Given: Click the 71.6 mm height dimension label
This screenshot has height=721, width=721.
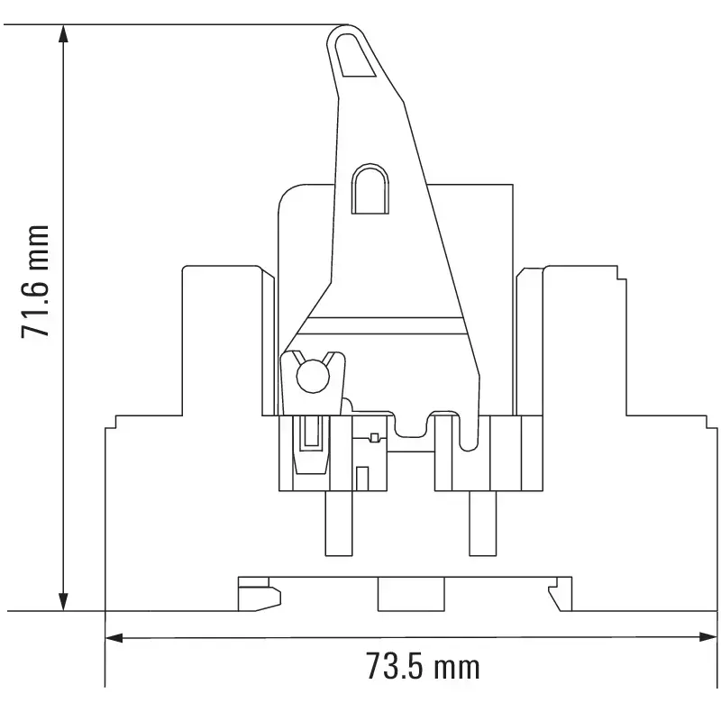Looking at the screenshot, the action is pyautogui.click(x=35, y=281).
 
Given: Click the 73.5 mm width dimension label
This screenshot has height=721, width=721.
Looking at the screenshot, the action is pyautogui.click(x=423, y=666).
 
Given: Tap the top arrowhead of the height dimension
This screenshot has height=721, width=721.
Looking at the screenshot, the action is pyautogui.click(x=64, y=34).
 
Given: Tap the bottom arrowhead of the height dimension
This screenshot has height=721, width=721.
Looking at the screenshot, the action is pyautogui.click(x=64, y=601).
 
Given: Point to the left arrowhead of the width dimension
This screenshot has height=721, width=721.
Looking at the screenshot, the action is pyautogui.click(x=114, y=637).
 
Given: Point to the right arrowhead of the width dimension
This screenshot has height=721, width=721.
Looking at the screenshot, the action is pyautogui.click(x=708, y=637).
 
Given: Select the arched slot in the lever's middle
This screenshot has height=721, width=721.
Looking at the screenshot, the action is pyautogui.click(x=370, y=188).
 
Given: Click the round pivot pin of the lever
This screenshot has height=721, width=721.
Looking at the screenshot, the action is pyautogui.click(x=313, y=377).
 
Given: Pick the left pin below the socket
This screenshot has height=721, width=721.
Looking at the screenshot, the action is pyautogui.click(x=339, y=524).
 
